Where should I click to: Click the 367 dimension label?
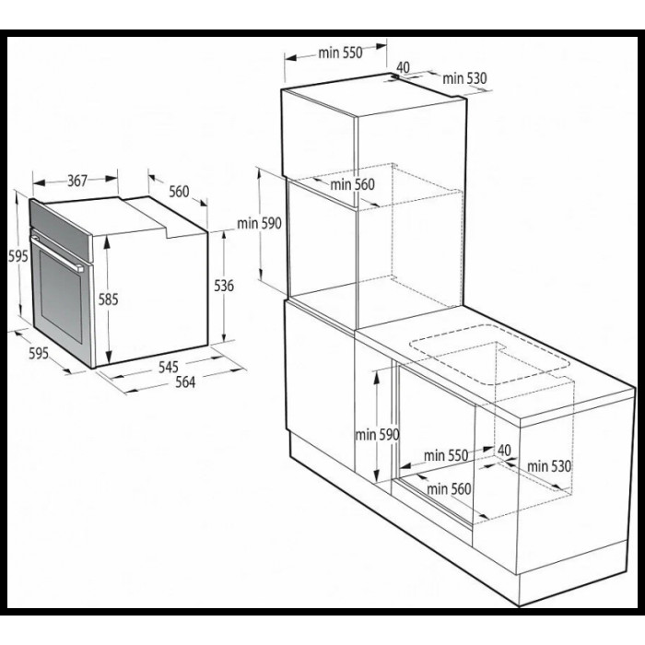point(77,181)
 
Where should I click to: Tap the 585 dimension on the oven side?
point(108,299)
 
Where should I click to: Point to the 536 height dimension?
point(224,286)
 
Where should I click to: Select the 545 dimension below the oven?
point(169,367)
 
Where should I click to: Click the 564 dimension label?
point(185,382)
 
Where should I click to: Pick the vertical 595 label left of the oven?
point(18,256)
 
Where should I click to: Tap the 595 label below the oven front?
point(39,353)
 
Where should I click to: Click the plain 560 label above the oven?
point(180,192)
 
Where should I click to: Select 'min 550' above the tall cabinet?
point(341,53)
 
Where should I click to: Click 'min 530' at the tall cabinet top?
point(464,77)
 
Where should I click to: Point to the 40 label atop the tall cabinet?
point(404,67)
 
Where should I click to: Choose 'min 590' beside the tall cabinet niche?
point(259,223)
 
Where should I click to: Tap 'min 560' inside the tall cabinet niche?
point(353,184)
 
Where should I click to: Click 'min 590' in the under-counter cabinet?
point(377,434)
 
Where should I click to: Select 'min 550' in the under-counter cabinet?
point(446,455)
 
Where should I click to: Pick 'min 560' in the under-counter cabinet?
point(449,488)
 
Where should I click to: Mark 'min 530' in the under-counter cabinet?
point(549,466)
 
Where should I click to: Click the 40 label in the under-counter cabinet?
point(504,450)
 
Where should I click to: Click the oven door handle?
point(56,253)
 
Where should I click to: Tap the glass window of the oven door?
point(61,296)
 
